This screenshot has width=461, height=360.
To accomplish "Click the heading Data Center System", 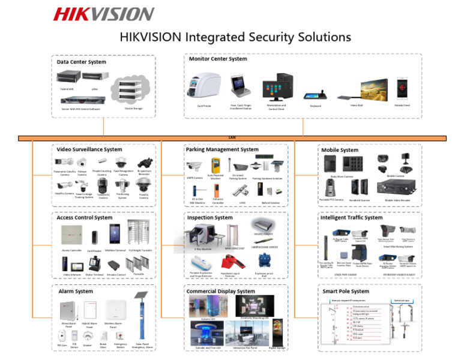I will (x=82, y=62).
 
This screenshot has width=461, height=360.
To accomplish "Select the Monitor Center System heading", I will (x=218, y=59).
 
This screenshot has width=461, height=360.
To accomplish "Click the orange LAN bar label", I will (x=232, y=138).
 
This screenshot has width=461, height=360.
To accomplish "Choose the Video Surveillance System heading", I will (x=89, y=149).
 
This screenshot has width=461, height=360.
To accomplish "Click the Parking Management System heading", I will (x=222, y=149).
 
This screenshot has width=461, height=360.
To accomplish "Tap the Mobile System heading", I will (x=340, y=150).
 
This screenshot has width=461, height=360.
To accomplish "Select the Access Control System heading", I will (x=85, y=217).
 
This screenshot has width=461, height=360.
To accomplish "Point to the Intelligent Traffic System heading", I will (x=351, y=217).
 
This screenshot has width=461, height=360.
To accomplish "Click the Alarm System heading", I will (x=76, y=291).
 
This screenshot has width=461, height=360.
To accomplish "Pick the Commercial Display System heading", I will (x=220, y=291).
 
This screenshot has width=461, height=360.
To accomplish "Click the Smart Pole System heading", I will (x=346, y=291).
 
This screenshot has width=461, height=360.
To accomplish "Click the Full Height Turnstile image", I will (x=139, y=234).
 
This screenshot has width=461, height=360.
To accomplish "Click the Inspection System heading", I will (x=209, y=218).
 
